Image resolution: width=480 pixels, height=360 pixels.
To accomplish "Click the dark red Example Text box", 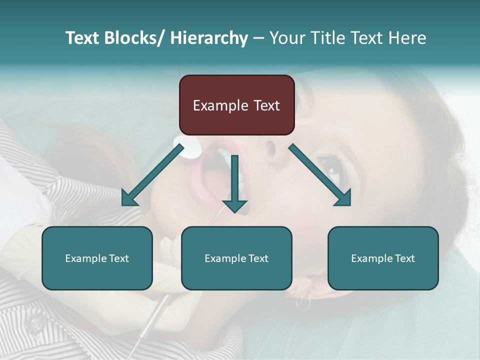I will [236, 105].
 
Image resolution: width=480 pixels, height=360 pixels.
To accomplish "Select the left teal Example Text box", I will [97, 258].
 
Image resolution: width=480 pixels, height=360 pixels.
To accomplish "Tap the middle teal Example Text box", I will [236, 258].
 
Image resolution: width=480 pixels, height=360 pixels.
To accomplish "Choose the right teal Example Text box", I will [383, 258].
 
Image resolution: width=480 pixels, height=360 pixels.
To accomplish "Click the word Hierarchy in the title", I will [209, 38].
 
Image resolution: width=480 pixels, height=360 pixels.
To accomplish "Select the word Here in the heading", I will [407, 38].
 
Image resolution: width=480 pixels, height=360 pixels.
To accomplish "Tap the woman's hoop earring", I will [302, 302].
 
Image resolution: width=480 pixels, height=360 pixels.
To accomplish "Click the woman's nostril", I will [270, 147].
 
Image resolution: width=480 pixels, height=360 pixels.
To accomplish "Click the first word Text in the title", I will [82, 38].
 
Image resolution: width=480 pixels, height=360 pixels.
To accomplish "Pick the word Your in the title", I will [287, 38].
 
